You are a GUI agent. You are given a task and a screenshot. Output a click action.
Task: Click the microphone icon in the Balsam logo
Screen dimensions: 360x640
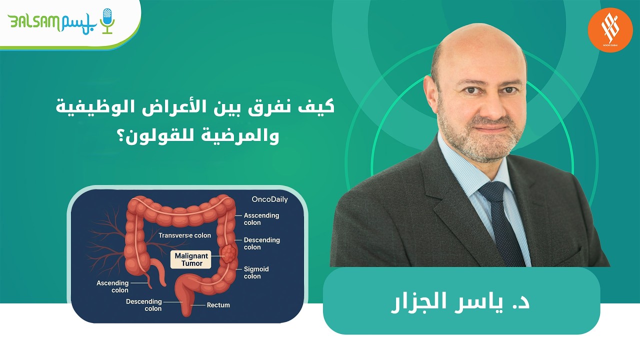tap(107, 20)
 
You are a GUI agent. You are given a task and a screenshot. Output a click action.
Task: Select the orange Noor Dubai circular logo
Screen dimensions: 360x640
tap(610, 29)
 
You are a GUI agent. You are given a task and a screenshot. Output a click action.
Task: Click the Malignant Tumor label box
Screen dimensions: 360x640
tap(190, 259)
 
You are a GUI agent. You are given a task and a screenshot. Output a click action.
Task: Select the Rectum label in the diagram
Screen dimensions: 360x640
tap(218, 304)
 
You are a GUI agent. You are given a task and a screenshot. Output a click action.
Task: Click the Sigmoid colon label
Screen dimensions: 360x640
tap(256, 272)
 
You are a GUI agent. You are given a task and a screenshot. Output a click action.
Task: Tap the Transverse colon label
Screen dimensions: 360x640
tap(184, 235)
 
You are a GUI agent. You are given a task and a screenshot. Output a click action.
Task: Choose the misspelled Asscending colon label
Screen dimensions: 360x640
tap(261, 219)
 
